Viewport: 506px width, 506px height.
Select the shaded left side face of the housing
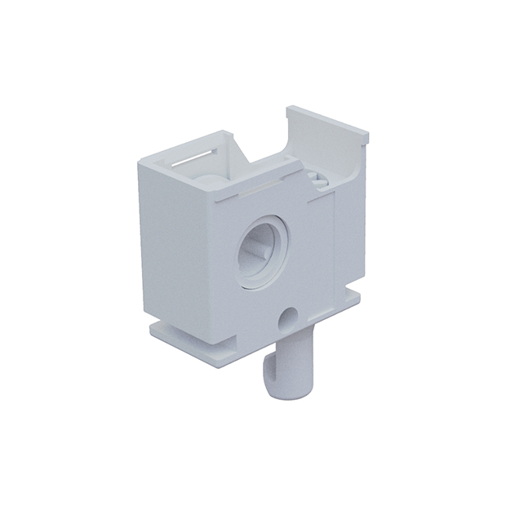[x=175, y=245]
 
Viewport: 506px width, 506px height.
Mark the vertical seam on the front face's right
[x=335, y=245]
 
